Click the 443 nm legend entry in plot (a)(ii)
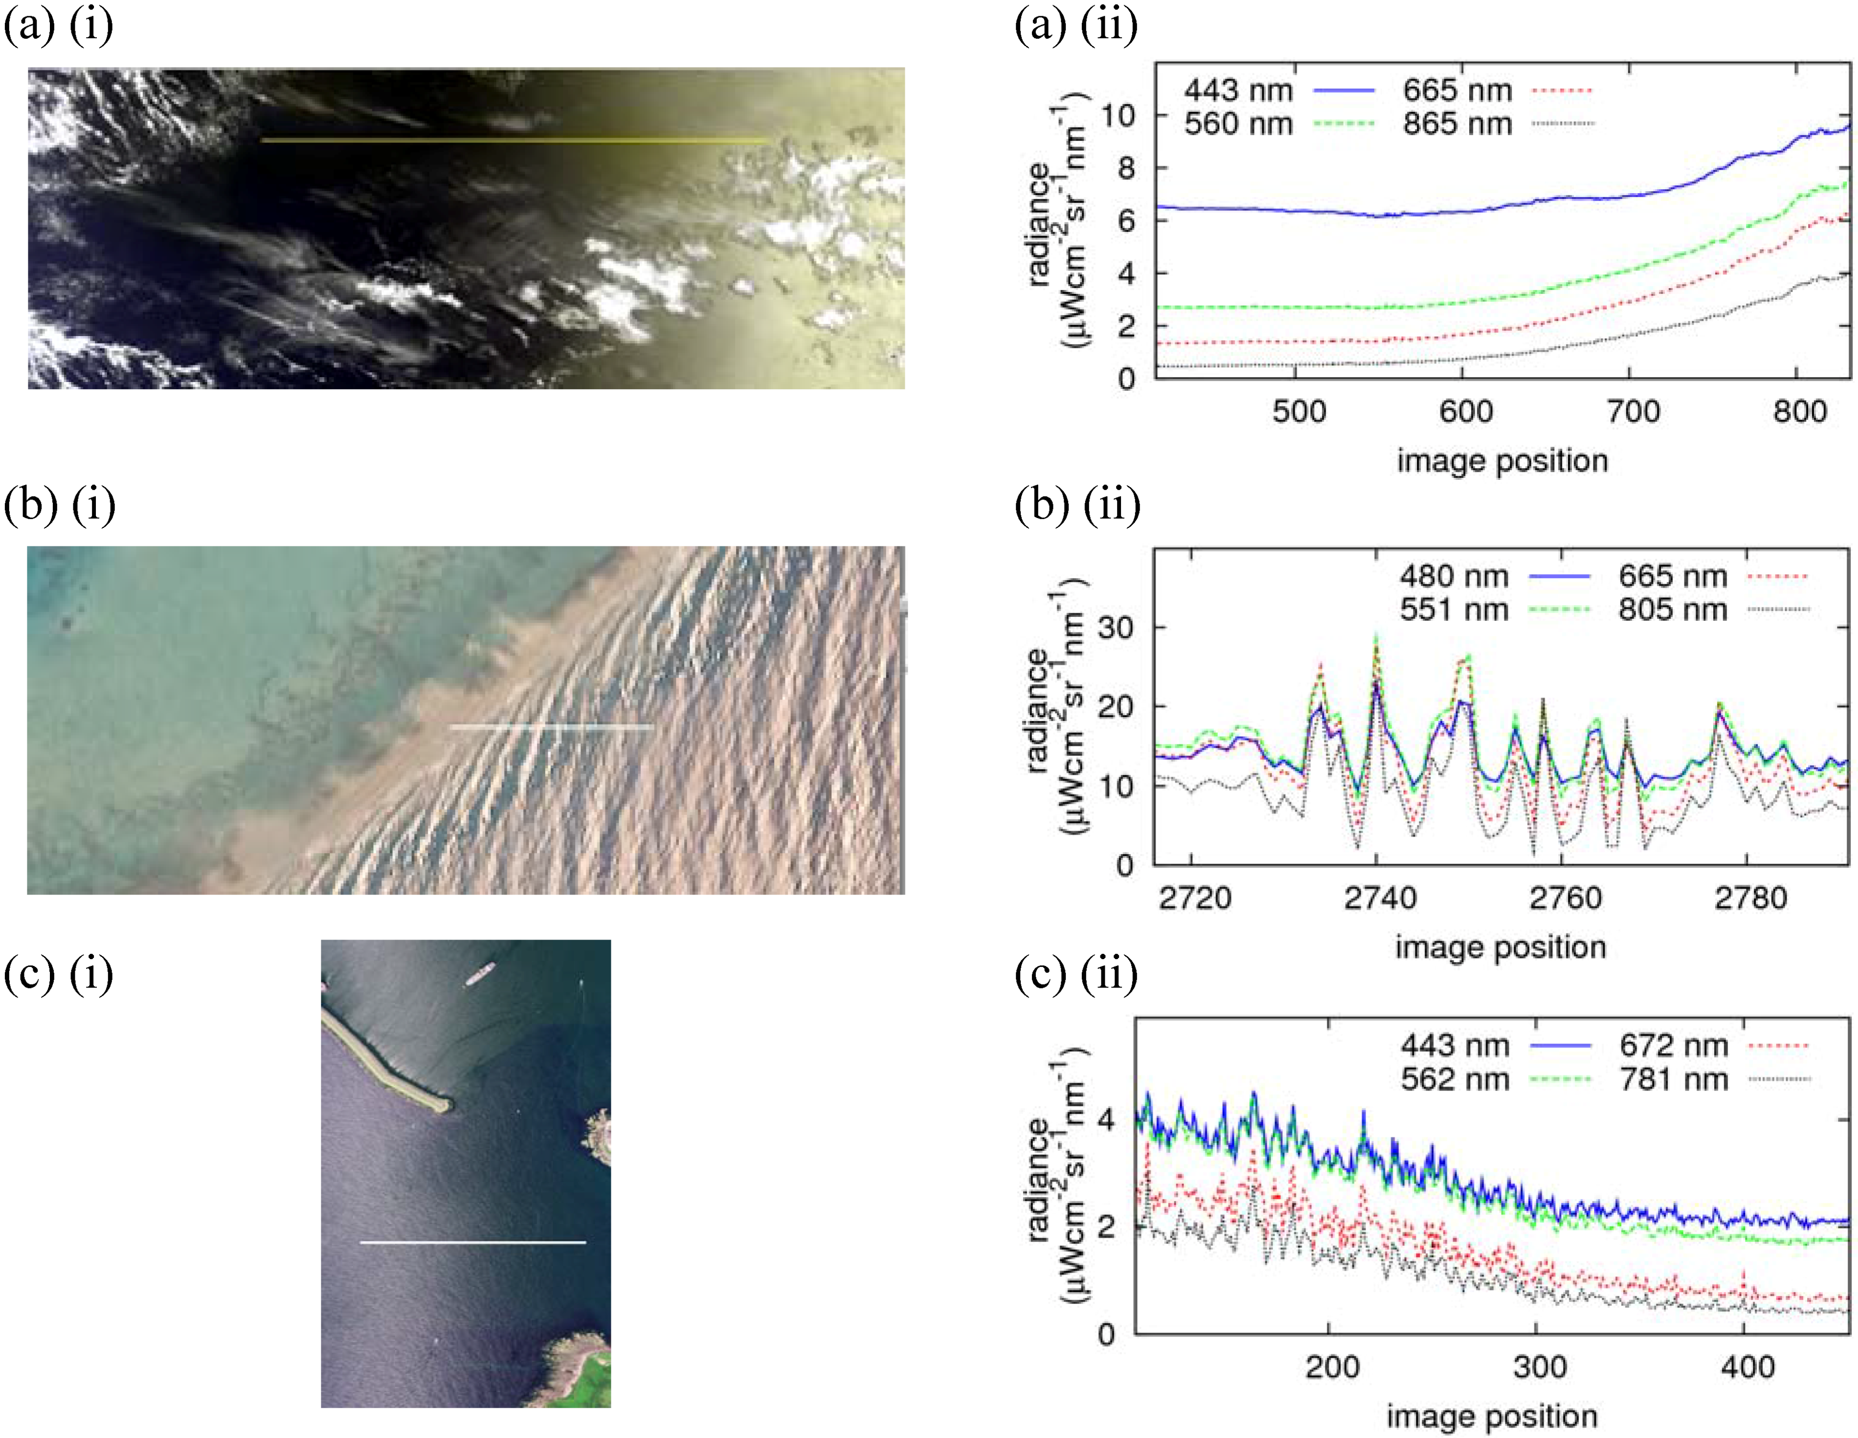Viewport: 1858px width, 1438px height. [x=1238, y=90]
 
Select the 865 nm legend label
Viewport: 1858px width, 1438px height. [x=1457, y=124]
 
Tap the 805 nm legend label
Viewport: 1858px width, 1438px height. [x=1673, y=610]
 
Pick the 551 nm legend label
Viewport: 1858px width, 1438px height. [x=1454, y=610]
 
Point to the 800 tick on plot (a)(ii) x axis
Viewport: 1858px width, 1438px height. [x=1799, y=412]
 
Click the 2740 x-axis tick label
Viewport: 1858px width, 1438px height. [x=1380, y=898]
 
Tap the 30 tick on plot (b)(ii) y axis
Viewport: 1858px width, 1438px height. [x=1115, y=628]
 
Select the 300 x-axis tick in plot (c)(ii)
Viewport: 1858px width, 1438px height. [x=1540, y=1368]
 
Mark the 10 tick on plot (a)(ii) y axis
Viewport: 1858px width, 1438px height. [x=1118, y=115]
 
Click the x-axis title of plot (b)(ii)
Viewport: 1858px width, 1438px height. [x=1500, y=947]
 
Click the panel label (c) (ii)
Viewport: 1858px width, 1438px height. [x=1076, y=973]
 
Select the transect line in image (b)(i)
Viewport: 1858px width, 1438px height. [x=551, y=727]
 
